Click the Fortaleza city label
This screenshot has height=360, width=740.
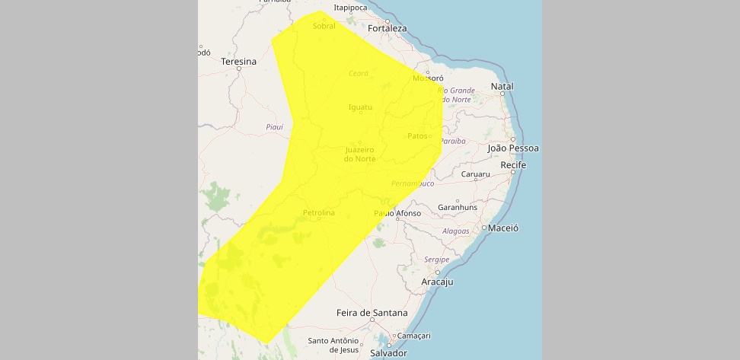pyautogui.click(x=387, y=29)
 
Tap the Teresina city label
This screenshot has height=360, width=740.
pyautogui.click(x=238, y=61)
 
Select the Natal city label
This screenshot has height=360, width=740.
pyautogui.click(x=502, y=87)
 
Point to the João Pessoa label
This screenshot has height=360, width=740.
pyautogui.click(x=512, y=148)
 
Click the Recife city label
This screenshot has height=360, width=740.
pyautogui.click(x=514, y=165)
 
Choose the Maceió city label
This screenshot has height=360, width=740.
pyautogui.click(x=503, y=228)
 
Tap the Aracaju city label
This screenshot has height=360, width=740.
pyautogui.click(x=437, y=282)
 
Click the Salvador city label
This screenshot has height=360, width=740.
pyautogui.click(x=388, y=353)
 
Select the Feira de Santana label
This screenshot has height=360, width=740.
pyautogui.click(x=372, y=313)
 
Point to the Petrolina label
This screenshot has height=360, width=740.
pyautogui.click(x=318, y=213)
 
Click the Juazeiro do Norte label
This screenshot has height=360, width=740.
pyautogui.click(x=359, y=154)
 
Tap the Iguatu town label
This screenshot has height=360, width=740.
pyautogui.click(x=360, y=107)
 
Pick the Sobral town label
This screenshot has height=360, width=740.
pyautogui.click(x=324, y=26)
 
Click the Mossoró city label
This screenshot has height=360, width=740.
pyautogui.click(x=427, y=78)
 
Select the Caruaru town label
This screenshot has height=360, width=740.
pyautogui.click(x=476, y=174)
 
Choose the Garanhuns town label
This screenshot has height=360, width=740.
pyautogui.click(x=458, y=207)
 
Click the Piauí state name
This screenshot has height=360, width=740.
pyautogui.click(x=274, y=127)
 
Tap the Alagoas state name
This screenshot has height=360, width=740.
pyautogui.click(x=455, y=231)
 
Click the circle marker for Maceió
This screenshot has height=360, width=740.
pyautogui.click(x=483, y=228)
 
